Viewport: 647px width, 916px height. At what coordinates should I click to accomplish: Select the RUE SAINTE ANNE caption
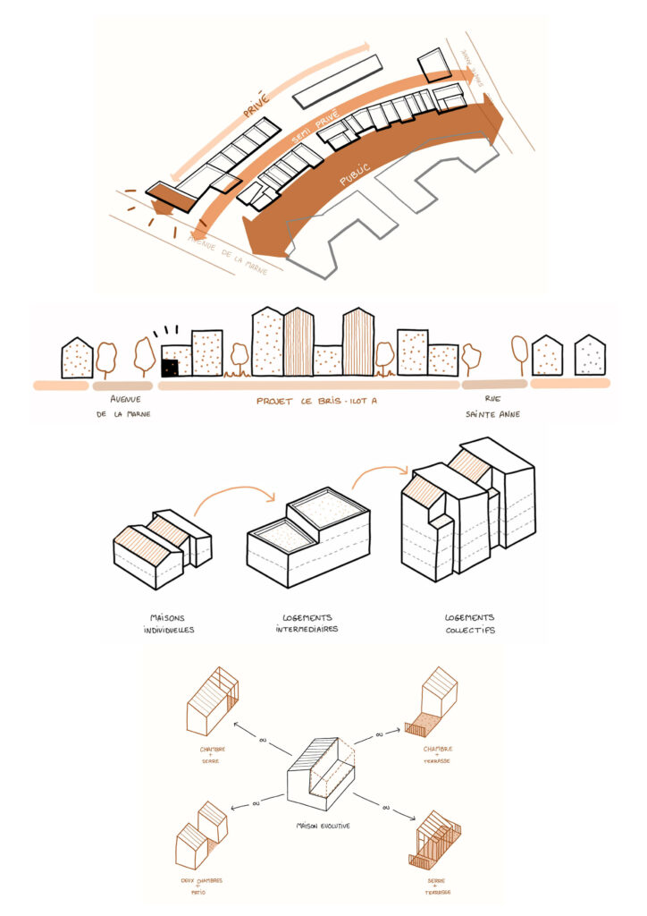[486, 407]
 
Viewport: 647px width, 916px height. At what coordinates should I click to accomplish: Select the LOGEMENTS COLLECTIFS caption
[470, 623]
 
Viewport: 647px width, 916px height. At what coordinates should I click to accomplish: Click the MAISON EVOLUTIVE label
[323, 826]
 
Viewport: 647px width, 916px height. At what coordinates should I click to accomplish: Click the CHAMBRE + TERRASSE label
[437, 754]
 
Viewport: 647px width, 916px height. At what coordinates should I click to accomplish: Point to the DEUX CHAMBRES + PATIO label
[200, 886]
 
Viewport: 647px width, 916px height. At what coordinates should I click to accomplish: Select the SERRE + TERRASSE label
[438, 886]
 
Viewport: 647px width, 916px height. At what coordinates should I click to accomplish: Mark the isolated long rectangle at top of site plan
[338, 80]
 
